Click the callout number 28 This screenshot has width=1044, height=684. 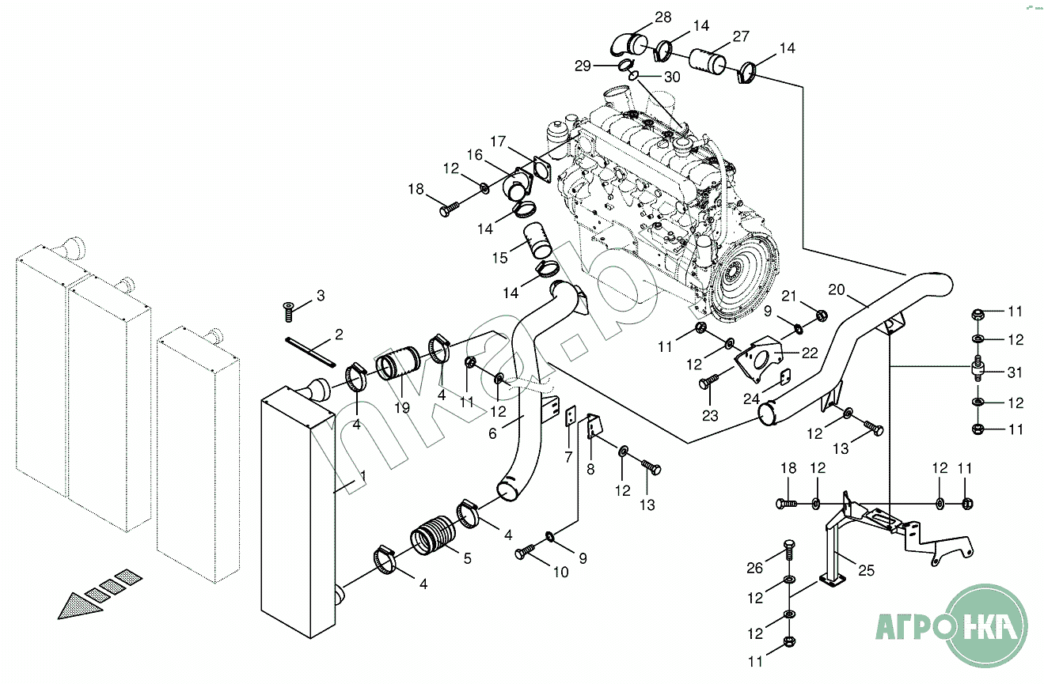662,17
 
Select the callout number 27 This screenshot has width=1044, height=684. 740,37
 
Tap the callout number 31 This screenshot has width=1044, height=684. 1016,372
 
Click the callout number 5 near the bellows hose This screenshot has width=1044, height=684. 467,558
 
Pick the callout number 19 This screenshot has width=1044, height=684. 402,408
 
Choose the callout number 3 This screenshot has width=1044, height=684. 320,296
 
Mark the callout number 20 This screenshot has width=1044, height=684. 837,289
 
